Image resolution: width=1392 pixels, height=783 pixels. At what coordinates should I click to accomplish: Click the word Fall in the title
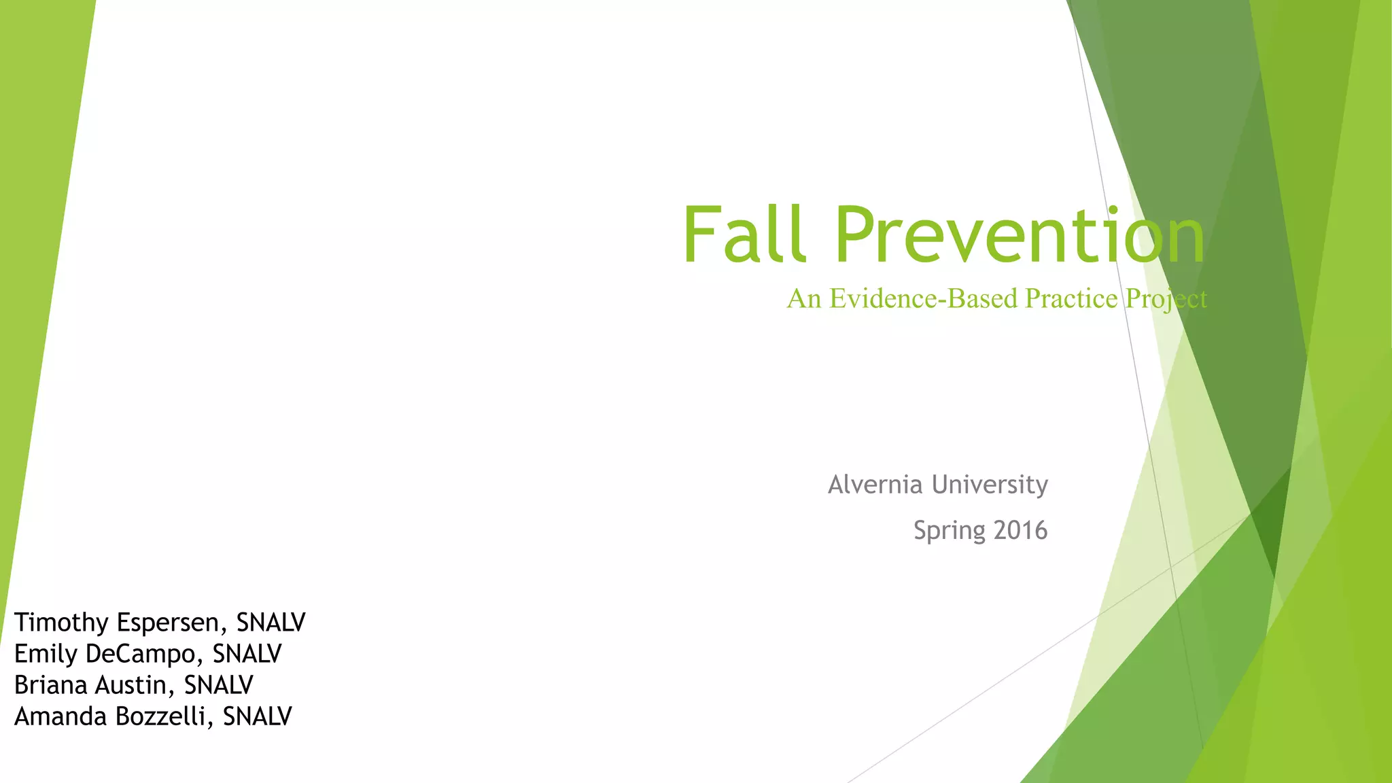744,234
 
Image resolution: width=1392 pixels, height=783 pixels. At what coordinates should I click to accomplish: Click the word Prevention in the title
1020,234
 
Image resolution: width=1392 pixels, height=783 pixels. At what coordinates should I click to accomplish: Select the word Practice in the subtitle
1071,298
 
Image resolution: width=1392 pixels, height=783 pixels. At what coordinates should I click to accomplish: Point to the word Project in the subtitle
1166,300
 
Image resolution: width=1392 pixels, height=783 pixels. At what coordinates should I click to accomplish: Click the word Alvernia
875,485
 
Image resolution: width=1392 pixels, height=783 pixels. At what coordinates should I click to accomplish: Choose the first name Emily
46,654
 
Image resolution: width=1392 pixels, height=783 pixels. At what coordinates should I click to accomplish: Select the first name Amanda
60,716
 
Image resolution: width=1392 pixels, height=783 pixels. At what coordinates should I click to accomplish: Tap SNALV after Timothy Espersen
271,623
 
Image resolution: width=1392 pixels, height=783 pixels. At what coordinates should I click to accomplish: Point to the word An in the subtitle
803,298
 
